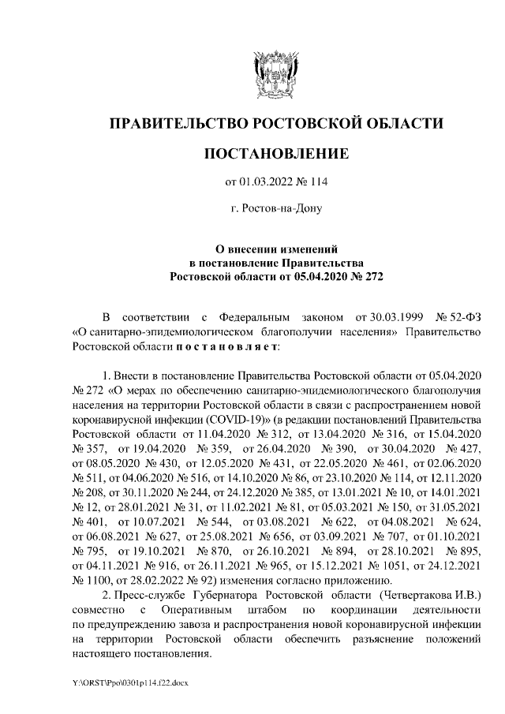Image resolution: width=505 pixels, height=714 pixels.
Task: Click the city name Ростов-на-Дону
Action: [276, 209]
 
